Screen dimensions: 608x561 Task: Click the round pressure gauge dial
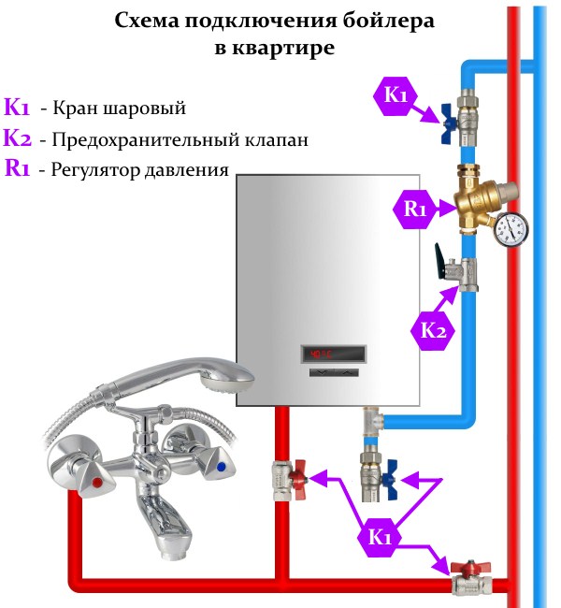(511, 226)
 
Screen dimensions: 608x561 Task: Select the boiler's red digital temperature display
(324, 354)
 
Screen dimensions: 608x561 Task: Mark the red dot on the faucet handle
(97, 484)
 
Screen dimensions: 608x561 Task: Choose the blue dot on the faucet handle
(221, 467)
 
